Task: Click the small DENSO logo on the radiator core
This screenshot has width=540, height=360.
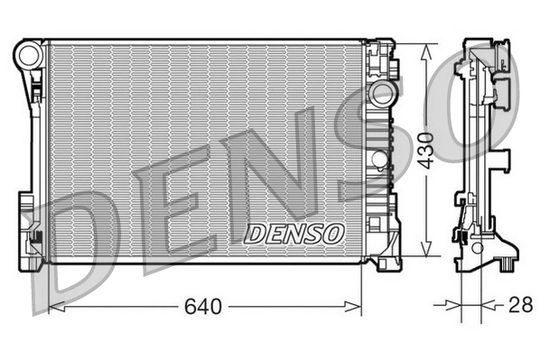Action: [294, 234]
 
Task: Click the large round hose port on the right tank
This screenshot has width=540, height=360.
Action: [382, 96]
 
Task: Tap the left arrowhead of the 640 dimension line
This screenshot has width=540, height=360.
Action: [54, 308]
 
